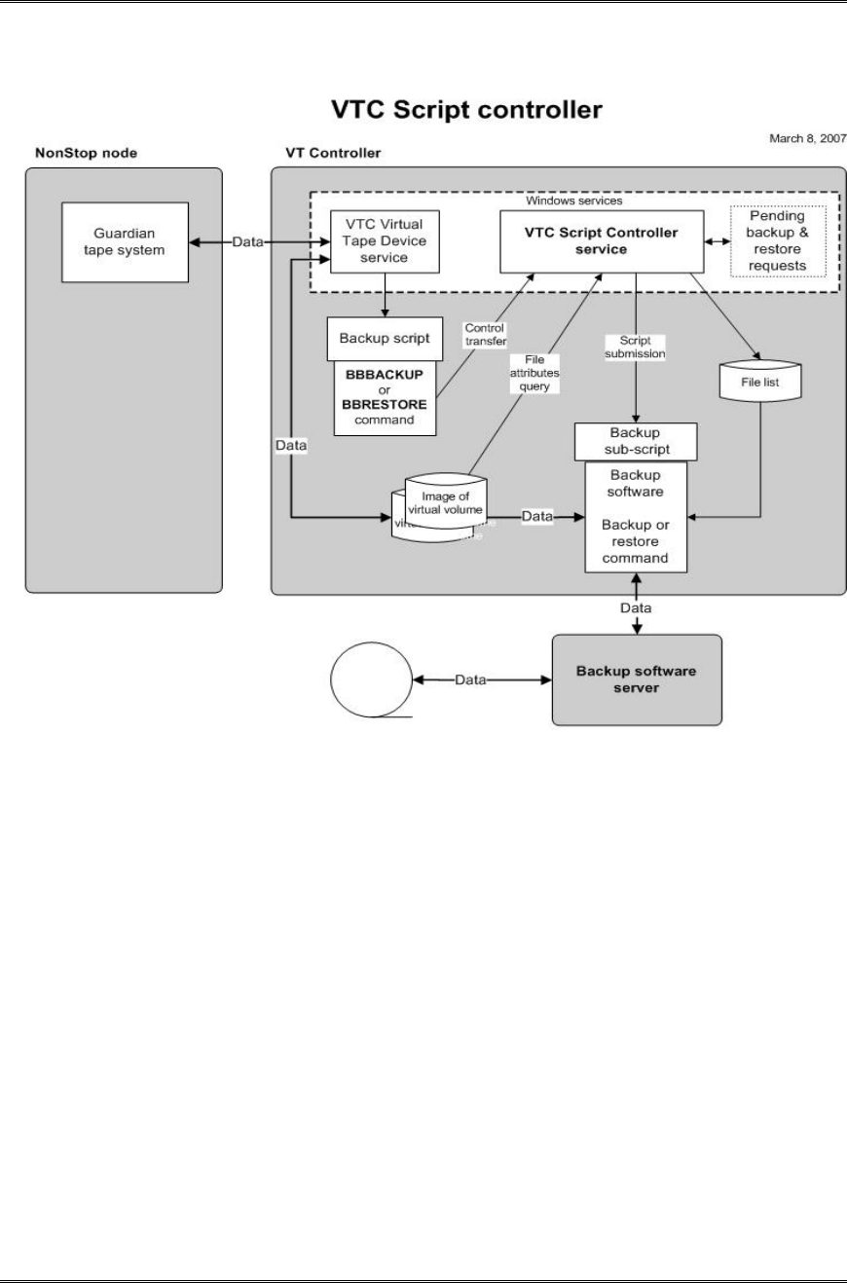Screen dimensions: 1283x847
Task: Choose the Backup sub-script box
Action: pyautogui.click(x=635, y=442)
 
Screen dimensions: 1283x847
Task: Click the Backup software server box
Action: pyautogui.click(x=637, y=679)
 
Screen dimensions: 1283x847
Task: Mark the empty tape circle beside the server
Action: pyautogui.click(x=371, y=680)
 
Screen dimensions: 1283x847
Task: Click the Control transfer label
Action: pyautogui.click(x=484, y=335)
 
